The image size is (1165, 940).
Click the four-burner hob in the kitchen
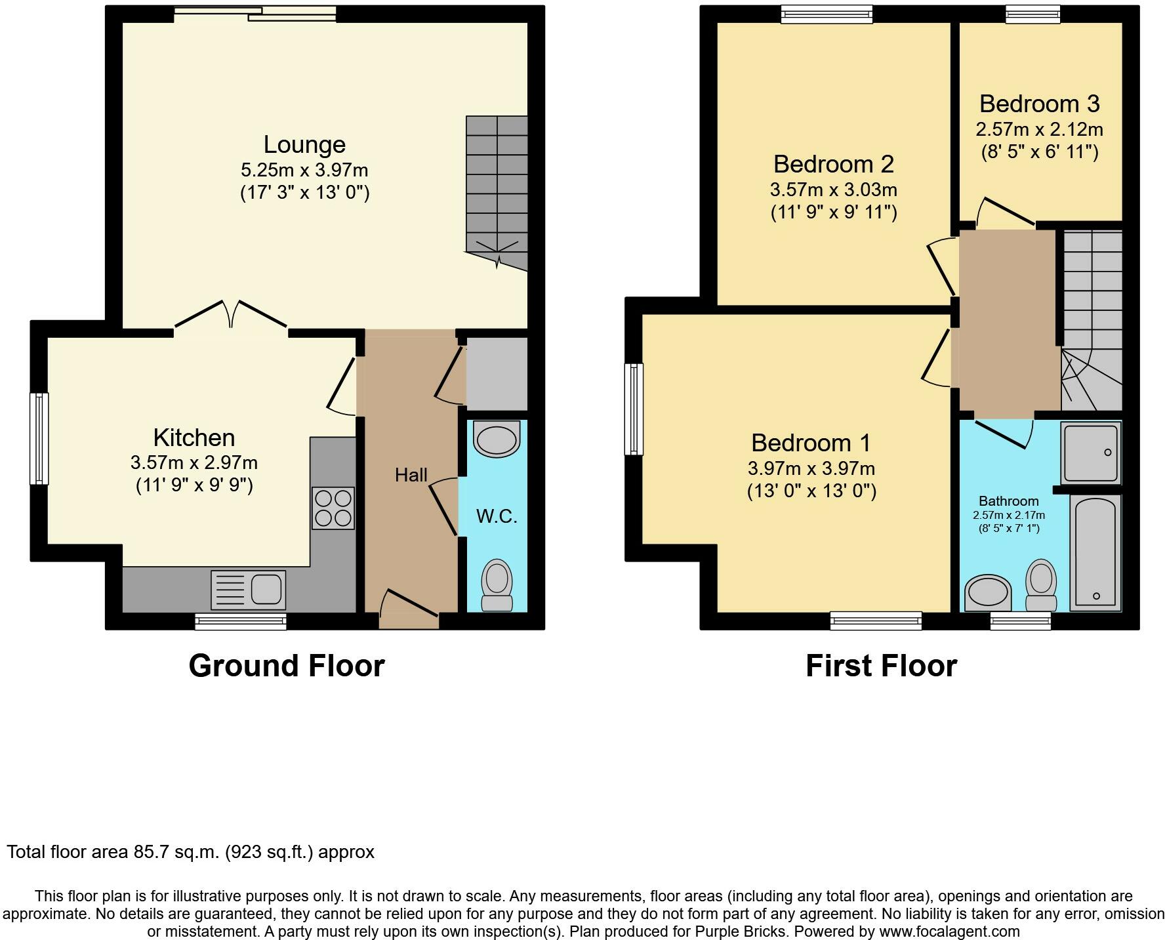333,508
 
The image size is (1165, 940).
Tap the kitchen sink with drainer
248,588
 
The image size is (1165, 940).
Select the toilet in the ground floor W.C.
497,586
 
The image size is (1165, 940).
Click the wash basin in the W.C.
497,439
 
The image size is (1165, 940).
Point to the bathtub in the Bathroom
1095,552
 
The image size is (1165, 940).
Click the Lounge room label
304,144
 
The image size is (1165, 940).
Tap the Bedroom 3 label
1039,104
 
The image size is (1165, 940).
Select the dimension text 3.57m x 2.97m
194,462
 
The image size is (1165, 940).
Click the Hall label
411,474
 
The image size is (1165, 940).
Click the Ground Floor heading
286,665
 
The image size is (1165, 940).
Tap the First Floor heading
881,665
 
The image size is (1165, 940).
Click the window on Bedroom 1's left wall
634,409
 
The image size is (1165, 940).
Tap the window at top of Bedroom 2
827,14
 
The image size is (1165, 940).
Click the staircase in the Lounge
497,190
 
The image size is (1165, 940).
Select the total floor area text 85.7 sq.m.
190,852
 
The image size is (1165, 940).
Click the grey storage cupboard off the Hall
496,373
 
